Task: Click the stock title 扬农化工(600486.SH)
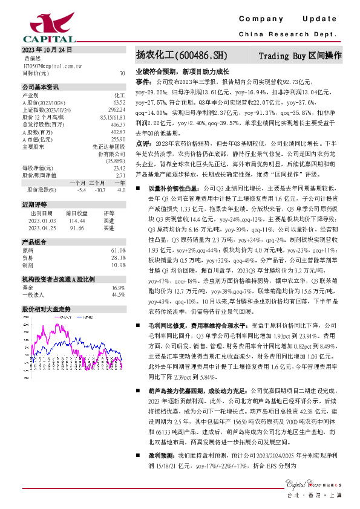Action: coord(182,56)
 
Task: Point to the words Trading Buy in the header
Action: coord(283,56)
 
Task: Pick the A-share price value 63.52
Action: coord(119,102)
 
